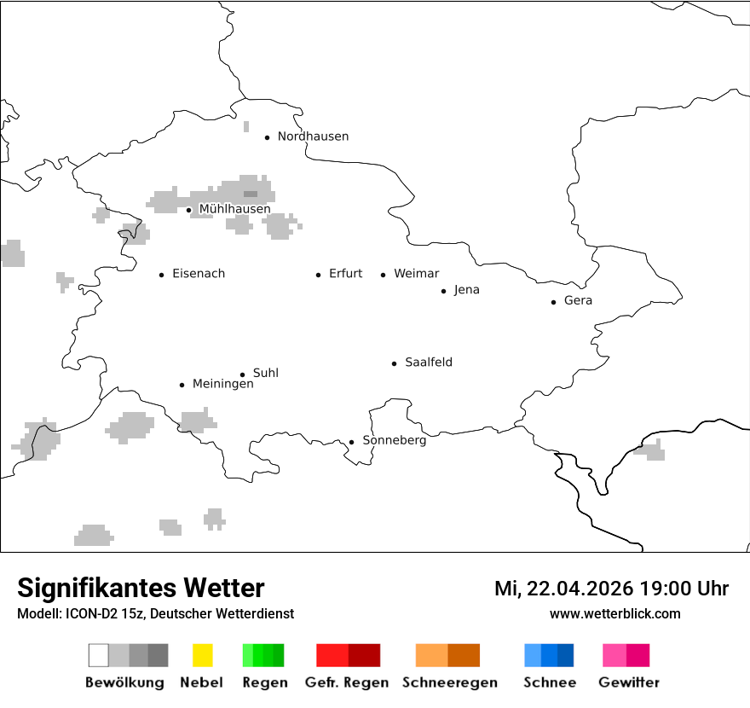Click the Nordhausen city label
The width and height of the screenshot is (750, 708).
313,136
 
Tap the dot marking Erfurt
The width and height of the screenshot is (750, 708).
318,275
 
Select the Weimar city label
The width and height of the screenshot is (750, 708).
416,274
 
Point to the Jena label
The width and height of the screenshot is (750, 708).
466,290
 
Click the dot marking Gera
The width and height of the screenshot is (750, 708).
553,302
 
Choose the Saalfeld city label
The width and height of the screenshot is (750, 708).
428,363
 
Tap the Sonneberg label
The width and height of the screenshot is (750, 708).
394,441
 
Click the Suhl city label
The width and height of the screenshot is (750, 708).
265,374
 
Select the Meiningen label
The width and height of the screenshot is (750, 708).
222,385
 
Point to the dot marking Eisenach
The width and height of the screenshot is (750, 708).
161,275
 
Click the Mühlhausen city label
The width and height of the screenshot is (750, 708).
234,209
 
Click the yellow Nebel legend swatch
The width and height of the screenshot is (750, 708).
202,655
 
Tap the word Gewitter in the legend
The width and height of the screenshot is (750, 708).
629,682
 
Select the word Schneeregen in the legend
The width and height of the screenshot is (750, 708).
450,682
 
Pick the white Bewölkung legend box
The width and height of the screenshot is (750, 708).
99,655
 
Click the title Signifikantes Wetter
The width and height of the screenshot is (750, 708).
141,588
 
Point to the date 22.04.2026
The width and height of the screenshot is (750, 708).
575,589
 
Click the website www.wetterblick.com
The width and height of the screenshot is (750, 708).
614,614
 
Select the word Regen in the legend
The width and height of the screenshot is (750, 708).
262,682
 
